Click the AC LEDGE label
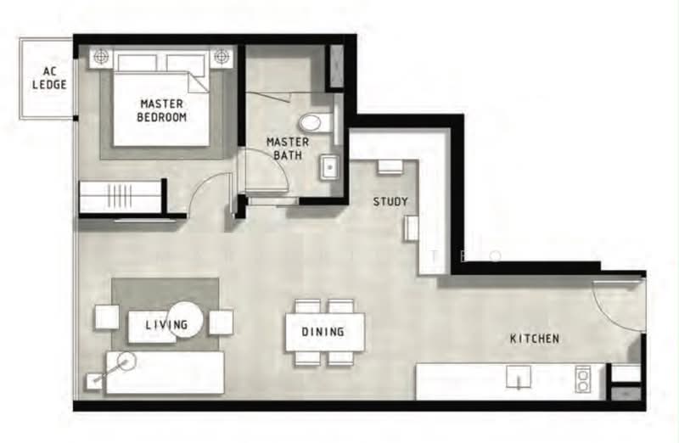tap(50, 78)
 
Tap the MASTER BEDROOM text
tap(161, 110)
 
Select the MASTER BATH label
tap(288, 149)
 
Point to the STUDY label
tap(390, 201)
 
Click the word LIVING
tap(166, 324)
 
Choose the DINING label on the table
tap(323, 332)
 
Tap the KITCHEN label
tap(535, 339)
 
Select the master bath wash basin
tap(331, 167)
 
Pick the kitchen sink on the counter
tap(519, 376)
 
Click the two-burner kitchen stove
tap(583, 379)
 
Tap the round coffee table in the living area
tap(185, 320)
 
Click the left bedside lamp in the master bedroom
tap(101, 56)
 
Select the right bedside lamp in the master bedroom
tap(221, 56)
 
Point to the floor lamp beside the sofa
tap(126, 361)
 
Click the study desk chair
tap(390, 166)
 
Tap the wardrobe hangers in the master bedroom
tap(119, 196)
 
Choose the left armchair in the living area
tap(107, 317)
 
